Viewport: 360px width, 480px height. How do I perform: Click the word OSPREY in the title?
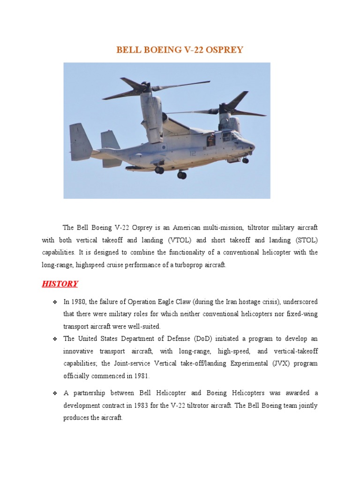(223, 49)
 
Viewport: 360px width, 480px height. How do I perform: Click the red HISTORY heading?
(60, 284)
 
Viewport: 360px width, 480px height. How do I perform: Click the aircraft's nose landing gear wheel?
(245, 160)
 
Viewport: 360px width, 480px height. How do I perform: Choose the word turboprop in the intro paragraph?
(182, 265)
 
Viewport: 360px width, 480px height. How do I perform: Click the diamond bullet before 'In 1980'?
(55, 301)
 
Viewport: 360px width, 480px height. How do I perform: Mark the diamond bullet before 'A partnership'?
(55, 393)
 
